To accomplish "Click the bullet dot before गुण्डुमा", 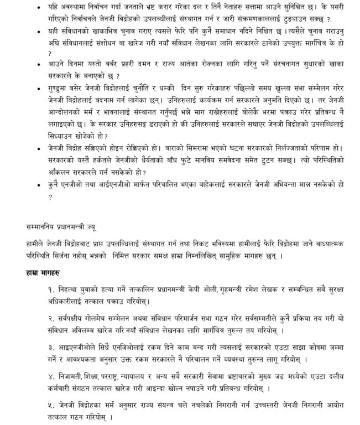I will pos(36,89).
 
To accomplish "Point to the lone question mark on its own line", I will pos(50,195).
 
